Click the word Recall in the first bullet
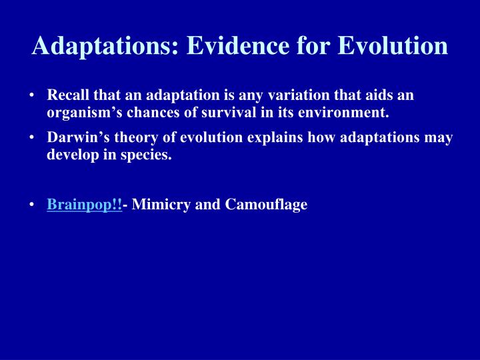click(x=66, y=97)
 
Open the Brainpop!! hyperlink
click(x=85, y=205)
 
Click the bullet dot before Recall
click(x=33, y=97)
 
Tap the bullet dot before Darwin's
click(x=33, y=139)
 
